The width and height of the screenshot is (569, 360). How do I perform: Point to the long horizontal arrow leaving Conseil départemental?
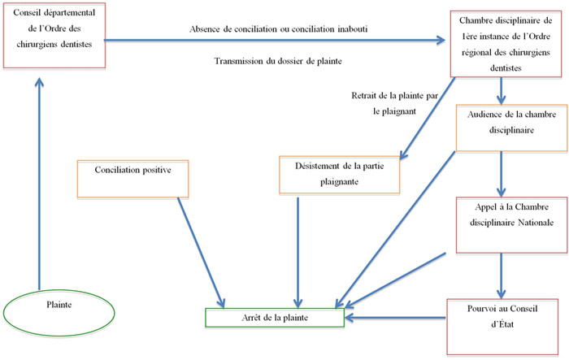[275, 41]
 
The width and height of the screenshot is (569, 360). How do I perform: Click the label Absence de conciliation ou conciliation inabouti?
[278, 29]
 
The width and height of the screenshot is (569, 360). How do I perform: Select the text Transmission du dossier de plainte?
[278, 61]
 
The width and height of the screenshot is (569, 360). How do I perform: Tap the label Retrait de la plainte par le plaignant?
[394, 103]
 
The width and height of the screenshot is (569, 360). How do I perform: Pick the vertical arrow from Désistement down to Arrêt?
[298, 253]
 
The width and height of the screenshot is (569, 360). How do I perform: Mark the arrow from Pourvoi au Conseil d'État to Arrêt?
[395, 318]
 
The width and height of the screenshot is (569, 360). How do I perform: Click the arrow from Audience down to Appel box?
[502, 174]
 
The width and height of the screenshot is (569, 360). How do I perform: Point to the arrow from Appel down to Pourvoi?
[502, 275]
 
